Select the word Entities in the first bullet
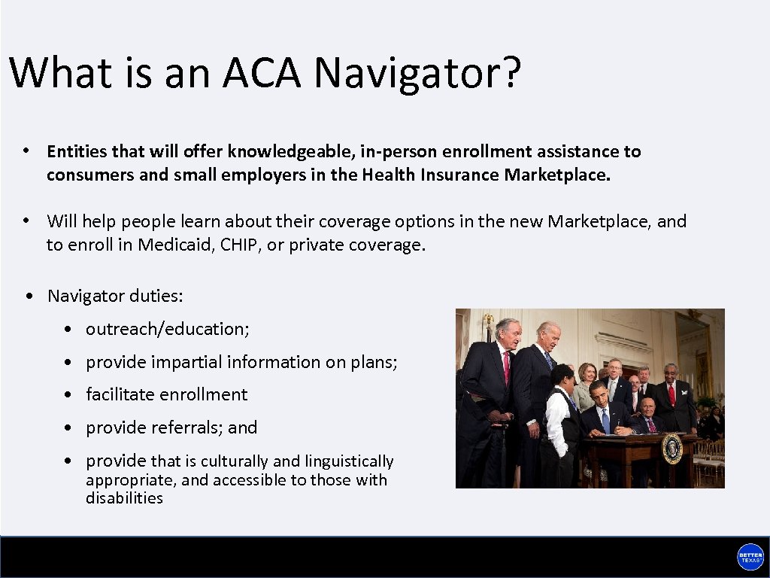click(x=77, y=151)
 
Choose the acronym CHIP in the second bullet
click(x=240, y=245)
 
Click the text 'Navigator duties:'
click(x=115, y=296)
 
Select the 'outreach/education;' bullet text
click(x=167, y=329)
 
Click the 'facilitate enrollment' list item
click(x=166, y=394)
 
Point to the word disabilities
click(x=124, y=498)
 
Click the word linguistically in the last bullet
click(x=350, y=461)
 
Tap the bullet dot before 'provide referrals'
click(x=68, y=428)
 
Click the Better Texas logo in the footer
click(x=750, y=557)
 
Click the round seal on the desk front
click(x=671, y=449)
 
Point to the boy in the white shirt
click(x=558, y=421)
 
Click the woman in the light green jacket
click(x=584, y=388)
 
